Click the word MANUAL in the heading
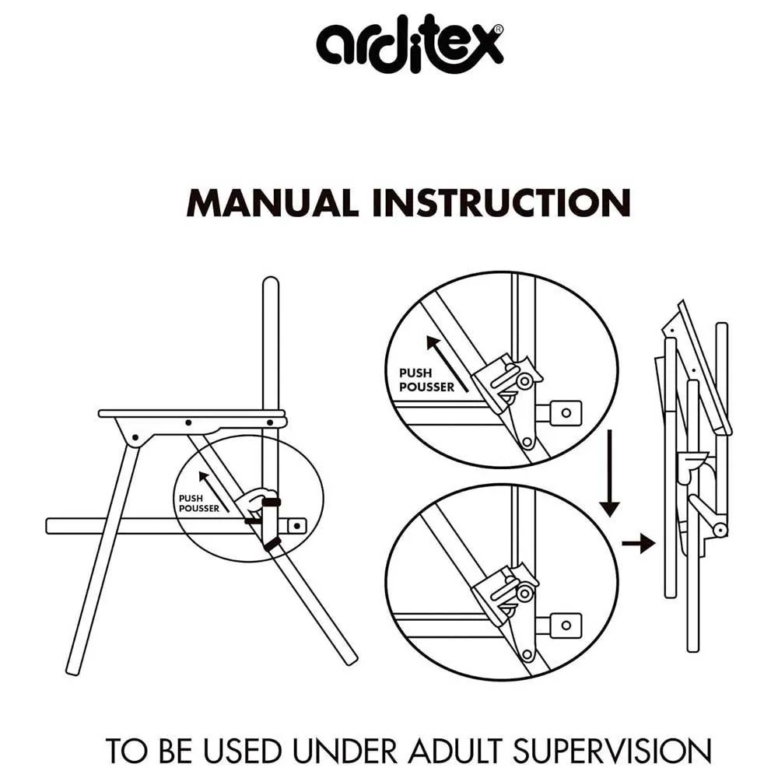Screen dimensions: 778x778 (x=272, y=203)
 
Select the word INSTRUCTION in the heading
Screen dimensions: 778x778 (x=502, y=203)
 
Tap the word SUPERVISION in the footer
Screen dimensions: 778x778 (x=612, y=752)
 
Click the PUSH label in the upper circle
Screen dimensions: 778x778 (x=415, y=373)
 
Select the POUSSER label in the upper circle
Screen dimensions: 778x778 (x=426, y=387)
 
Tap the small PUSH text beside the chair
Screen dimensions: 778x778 (x=191, y=498)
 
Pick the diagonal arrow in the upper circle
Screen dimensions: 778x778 (x=447, y=363)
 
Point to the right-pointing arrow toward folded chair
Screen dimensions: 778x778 (x=639, y=543)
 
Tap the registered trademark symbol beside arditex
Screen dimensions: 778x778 (x=498, y=30)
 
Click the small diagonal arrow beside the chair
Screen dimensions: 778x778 (x=214, y=492)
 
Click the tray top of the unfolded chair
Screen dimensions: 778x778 (x=192, y=413)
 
